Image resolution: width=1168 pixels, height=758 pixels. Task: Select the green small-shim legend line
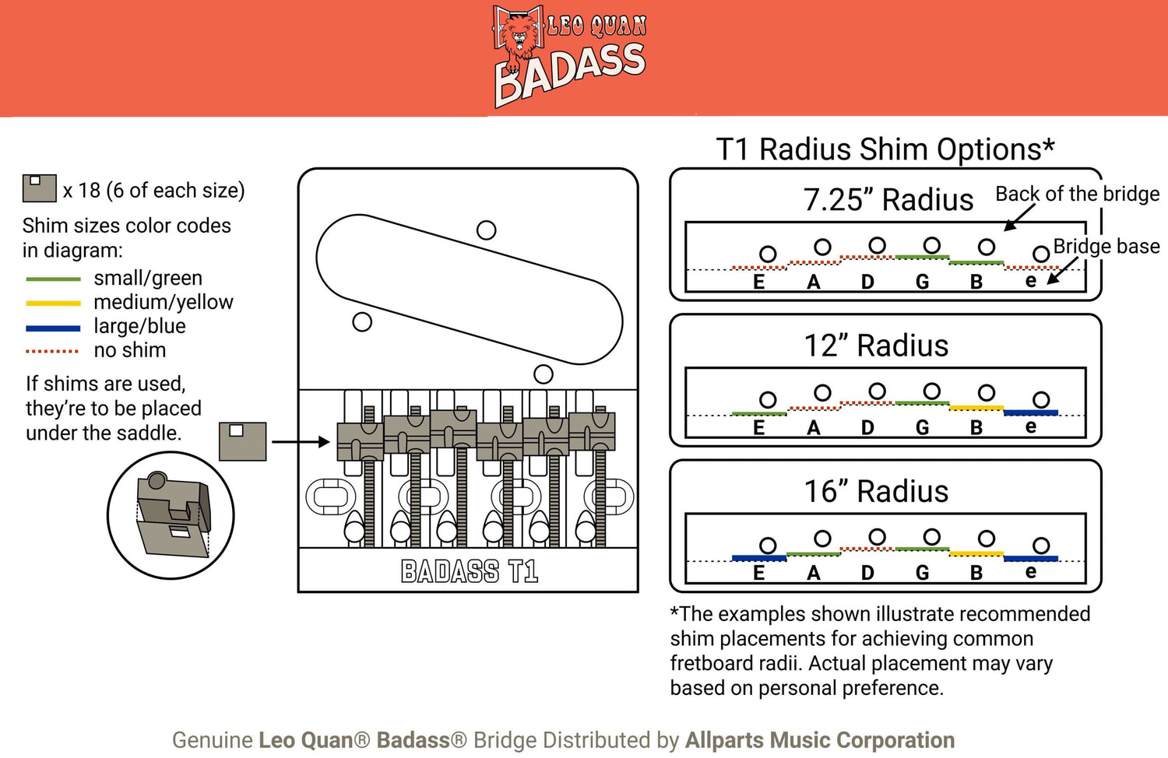pos(53,279)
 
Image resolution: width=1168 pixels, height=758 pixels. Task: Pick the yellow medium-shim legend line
pos(53,303)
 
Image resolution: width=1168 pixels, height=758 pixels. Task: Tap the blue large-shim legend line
pos(53,328)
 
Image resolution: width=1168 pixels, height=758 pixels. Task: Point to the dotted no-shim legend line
pos(53,352)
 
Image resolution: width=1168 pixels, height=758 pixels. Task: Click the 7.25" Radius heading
pos(888,200)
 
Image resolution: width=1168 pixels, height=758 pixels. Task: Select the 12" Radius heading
pos(876,346)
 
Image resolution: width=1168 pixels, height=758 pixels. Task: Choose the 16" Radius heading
pos(876,492)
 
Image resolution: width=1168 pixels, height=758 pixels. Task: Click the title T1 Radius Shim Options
pos(885,149)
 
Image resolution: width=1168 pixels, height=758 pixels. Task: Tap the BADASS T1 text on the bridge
pos(470,572)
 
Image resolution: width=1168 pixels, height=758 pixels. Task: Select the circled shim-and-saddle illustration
pos(171,514)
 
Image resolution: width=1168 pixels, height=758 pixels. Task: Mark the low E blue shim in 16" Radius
pos(759,558)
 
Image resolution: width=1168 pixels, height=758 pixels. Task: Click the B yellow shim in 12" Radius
pos(976,408)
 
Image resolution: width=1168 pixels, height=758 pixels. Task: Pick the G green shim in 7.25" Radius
pos(923,257)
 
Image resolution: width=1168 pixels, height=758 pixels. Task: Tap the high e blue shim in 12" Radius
pos(1031,412)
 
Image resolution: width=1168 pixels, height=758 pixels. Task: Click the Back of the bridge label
pos(1078,194)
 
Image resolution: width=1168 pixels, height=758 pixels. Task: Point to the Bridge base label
pos(1106,247)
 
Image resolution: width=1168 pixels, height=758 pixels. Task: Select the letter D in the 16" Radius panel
pos(867,574)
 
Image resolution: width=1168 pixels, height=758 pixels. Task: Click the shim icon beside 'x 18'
pos(39,188)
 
